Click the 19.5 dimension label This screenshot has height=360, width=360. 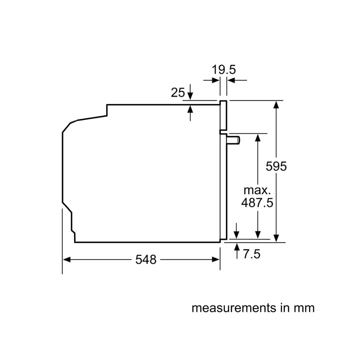(223, 70)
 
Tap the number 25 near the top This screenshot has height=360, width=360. (178, 92)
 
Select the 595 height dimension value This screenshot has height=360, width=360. (276, 166)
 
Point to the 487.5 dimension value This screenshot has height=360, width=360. (257, 203)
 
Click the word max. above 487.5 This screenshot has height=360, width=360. (257, 190)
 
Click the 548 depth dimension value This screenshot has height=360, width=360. (146, 260)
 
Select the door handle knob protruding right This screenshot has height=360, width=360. (233, 140)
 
